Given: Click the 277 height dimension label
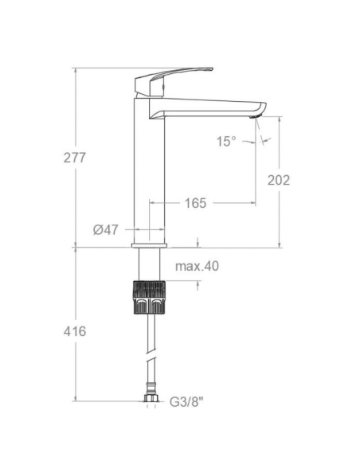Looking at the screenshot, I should tap(74, 157).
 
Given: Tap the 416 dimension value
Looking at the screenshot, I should tap(74, 330).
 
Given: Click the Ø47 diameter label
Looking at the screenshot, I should tap(106, 229).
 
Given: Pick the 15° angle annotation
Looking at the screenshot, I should tap(226, 141).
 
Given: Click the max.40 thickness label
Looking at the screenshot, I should tap(197, 266).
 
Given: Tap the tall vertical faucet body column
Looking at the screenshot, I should tap(151, 175).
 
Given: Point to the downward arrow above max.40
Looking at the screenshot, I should tap(197, 241).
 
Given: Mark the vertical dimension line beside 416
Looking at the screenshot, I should tap(76, 366).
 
